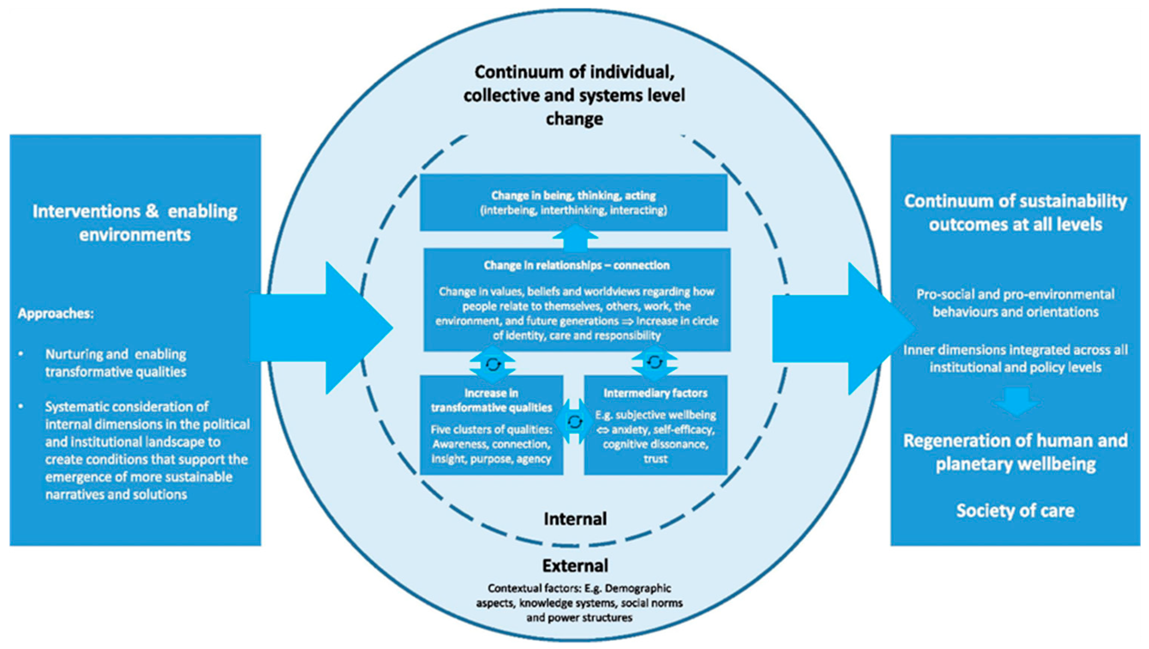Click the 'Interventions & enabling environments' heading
click(x=135, y=223)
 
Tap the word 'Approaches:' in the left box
click(x=56, y=313)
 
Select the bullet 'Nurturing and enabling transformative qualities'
click(x=116, y=362)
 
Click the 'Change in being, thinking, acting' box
click(x=574, y=202)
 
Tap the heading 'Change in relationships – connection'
click(x=576, y=266)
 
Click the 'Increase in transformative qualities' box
click(x=491, y=425)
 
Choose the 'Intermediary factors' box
click(x=655, y=425)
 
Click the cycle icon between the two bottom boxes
click(x=574, y=421)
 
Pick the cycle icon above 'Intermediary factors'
click(x=654, y=362)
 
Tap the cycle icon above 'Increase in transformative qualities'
click(x=493, y=364)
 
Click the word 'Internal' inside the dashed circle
click(x=575, y=519)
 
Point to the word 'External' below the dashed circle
click(x=575, y=566)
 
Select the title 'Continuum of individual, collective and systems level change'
click(x=574, y=95)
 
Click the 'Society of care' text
click(x=1015, y=511)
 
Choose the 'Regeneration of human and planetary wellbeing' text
click(x=1015, y=452)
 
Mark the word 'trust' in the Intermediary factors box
click(x=655, y=459)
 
